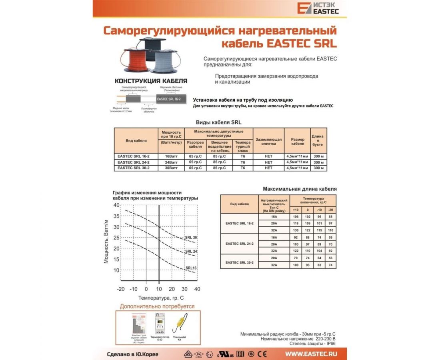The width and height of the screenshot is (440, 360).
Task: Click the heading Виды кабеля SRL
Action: pos(218,122)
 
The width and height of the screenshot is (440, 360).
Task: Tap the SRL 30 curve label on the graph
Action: pos(191,238)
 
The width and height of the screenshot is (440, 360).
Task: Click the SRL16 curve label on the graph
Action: pos(191,268)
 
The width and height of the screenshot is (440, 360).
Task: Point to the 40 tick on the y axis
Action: pos(116,205)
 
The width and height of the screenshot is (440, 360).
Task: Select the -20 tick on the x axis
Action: pos(121,289)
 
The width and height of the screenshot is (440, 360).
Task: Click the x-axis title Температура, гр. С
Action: pos(161,298)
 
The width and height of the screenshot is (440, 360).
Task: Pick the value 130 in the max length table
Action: pos(296,230)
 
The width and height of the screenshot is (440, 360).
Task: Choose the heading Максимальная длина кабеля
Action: pos(300,189)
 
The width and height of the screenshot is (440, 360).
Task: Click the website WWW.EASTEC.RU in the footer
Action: pos(311,354)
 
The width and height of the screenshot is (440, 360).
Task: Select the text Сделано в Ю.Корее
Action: pos(133,354)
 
